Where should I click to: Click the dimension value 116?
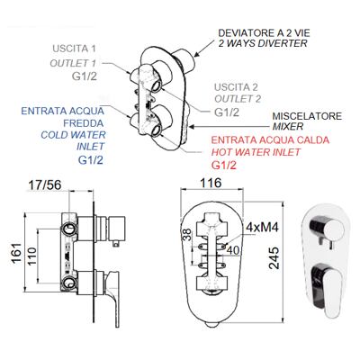tap(210, 183)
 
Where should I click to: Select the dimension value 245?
tap(274, 257)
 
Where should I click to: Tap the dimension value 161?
tap(17, 253)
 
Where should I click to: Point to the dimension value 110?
tap(31, 256)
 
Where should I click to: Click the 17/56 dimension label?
tap(44, 185)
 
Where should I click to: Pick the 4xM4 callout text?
tap(262, 227)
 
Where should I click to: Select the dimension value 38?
tap(186, 235)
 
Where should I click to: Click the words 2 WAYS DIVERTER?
tap(263, 43)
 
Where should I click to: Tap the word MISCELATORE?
tap(307, 116)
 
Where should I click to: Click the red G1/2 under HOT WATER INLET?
tap(224, 165)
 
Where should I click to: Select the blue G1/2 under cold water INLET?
tap(91, 160)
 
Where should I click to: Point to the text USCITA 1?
tap(74, 49)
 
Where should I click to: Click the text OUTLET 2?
tap(238, 99)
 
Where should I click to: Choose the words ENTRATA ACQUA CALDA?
tap(270, 140)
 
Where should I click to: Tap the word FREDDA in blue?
tap(84, 123)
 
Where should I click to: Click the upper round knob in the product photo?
tap(327, 228)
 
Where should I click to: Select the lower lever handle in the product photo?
tap(326, 285)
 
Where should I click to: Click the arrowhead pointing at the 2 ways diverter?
tap(195, 54)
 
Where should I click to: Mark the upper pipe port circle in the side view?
tap(68, 229)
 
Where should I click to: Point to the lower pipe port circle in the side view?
tap(68, 283)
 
